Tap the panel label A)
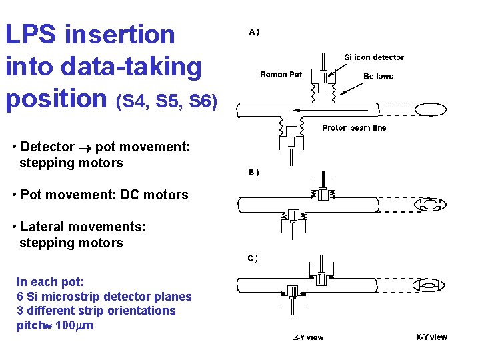click(254, 31)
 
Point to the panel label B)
click(254, 172)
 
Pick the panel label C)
click(253, 258)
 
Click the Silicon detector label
click(374, 57)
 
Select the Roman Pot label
click(281, 75)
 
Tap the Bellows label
click(378, 76)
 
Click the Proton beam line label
click(354, 128)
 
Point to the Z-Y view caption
click(308, 337)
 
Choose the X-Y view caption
click(431, 337)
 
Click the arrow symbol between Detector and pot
click(85, 147)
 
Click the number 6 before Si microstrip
click(20, 297)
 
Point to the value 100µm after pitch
click(74, 326)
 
